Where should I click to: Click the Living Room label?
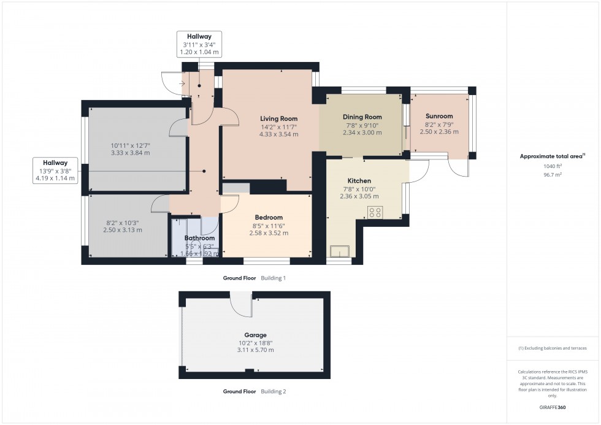(278, 118)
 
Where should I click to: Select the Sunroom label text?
(439, 116)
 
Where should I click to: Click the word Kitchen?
(359, 182)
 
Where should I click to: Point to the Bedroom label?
(269, 218)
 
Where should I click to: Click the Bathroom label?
(199, 238)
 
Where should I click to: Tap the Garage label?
(256, 335)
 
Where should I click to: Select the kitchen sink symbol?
(339, 251)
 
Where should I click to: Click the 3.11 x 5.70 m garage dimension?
(256, 350)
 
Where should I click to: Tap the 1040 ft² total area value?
(553, 166)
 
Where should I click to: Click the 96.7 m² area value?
(553, 174)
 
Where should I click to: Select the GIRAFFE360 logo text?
(553, 407)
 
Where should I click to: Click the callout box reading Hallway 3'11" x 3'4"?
(199, 44)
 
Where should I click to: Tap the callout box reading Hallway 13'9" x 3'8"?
(55, 170)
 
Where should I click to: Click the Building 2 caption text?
(273, 391)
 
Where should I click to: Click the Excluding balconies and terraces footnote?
(553, 348)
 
